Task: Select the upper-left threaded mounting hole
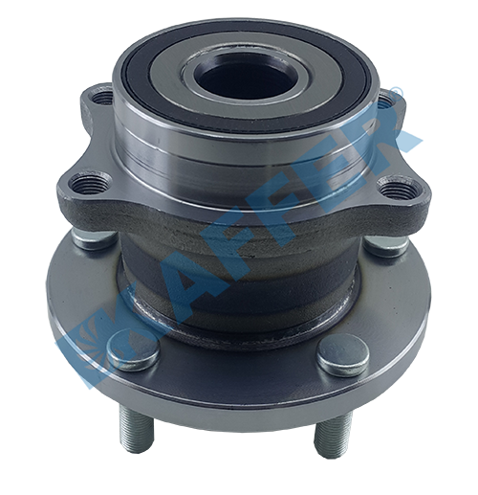pos(102,97)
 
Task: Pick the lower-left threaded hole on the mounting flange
pos(85,183)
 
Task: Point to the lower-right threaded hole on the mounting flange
pos(396,190)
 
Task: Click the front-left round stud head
pos(133,350)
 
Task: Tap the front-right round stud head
pos(343,355)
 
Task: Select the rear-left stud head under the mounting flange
pos(93,237)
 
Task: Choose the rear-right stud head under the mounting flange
pos(386,244)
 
